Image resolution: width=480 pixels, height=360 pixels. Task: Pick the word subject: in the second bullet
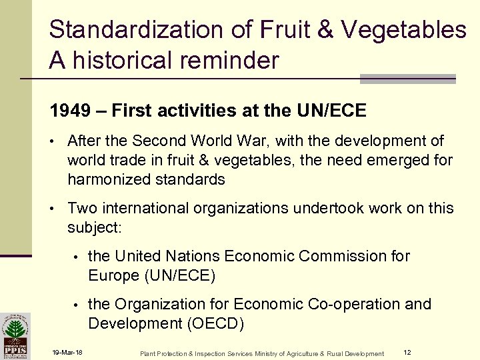pos(94,227)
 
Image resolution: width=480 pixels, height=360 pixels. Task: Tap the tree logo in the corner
pos(15,333)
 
